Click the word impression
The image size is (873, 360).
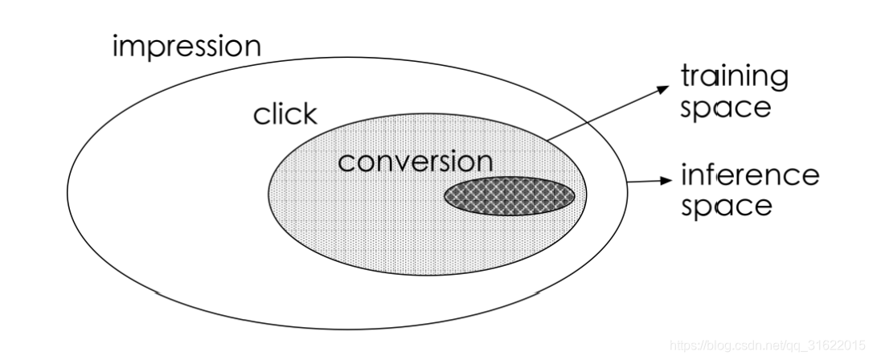(186, 46)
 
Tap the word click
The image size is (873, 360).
(285, 115)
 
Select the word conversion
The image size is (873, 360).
(415, 162)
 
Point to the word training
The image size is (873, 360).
(735, 79)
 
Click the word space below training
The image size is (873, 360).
(725, 108)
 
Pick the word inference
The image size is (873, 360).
(750, 174)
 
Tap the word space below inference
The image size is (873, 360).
(726, 206)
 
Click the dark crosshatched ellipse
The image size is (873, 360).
(510, 196)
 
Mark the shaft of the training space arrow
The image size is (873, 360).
(603, 113)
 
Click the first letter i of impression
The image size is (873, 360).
(116, 46)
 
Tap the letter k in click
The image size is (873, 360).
(310, 114)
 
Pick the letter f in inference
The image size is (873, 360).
(710, 174)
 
